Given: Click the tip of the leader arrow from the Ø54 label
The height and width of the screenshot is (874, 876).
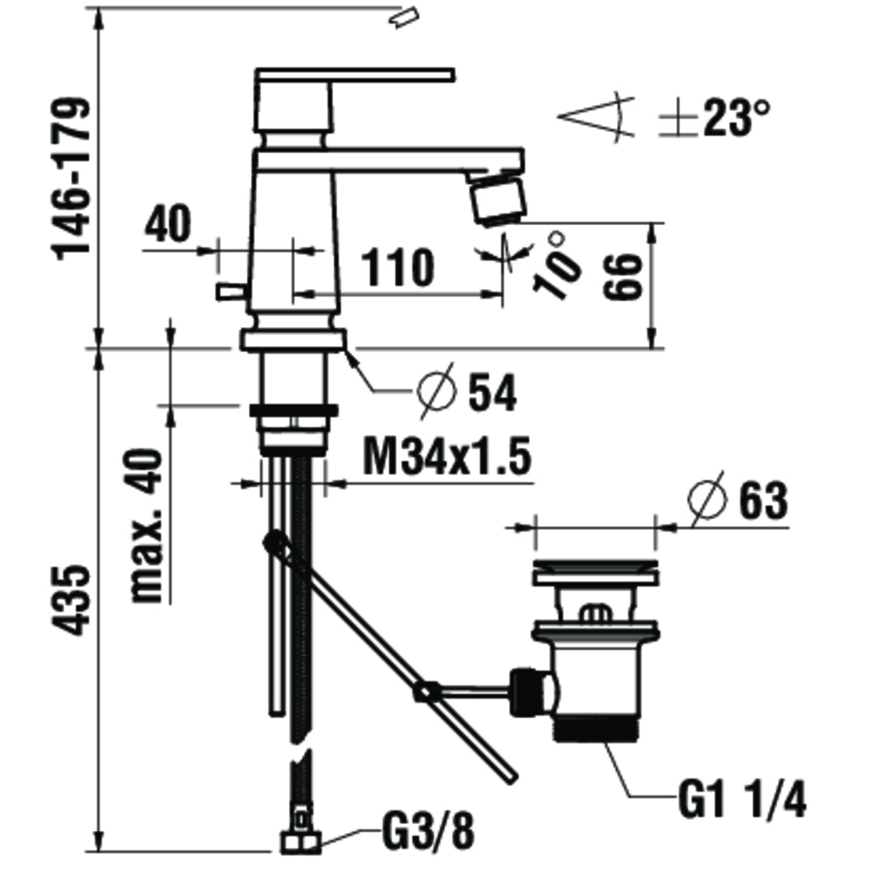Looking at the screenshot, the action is click(x=346, y=349).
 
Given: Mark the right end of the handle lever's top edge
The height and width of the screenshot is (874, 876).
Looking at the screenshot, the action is click(x=454, y=70).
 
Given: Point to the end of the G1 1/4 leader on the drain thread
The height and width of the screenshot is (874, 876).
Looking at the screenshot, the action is click(x=607, y=742).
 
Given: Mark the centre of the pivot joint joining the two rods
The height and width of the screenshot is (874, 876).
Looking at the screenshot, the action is click(x=424, y=693).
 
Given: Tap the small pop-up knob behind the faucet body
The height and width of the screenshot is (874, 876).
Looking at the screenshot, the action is click(x=231, y=291).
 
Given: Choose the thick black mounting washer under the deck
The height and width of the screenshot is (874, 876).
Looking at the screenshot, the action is click(x=293, y=411).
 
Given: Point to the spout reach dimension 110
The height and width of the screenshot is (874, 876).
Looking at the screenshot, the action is click(x=398, y=267).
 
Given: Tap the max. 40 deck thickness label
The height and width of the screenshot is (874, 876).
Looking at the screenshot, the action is click(x=146, y=525).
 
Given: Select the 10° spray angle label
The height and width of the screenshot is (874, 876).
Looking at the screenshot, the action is click(x=556, y=264).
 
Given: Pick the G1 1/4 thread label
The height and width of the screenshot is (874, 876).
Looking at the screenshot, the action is click(x=743, y=800).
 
